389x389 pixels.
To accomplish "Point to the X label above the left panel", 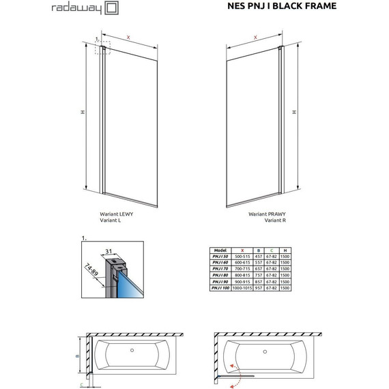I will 128,35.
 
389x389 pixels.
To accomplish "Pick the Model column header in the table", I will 220,250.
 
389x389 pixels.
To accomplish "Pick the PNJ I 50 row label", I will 220,257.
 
